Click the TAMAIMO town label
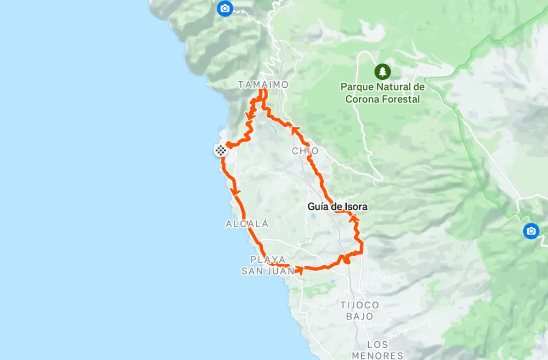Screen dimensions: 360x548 tap(263, 85)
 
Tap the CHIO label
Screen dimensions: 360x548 tap(305, 151)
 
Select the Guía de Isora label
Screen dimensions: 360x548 tap(338, 206)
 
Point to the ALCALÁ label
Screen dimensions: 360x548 tap(247, 224)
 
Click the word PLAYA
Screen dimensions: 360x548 tap(268, 259)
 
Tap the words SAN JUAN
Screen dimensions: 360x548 tap(268, 271)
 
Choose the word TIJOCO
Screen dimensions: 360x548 tap(360, 305)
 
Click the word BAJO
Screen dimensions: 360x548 tap(360, 317)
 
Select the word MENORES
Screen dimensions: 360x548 tap(377, 355)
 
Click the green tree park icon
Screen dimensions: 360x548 tap(382, 71)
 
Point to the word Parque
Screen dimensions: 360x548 tap(359, 87)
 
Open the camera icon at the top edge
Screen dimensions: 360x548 tap(225, 8)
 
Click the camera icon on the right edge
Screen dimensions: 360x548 tap(531, 231)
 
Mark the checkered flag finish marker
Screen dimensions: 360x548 tap(220, 150)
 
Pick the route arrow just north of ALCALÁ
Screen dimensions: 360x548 tap(234, 192)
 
